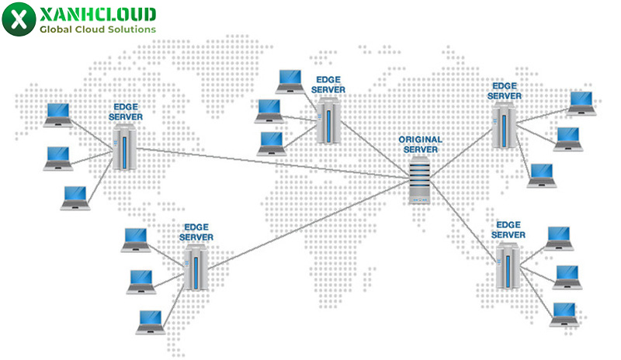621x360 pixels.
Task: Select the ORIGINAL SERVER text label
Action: (420, 144)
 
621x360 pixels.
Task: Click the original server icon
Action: (419, 179)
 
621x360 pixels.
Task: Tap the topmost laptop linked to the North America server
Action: (57, 113)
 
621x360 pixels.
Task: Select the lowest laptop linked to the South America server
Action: (148, 320)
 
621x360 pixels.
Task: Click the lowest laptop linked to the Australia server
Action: (564, 312)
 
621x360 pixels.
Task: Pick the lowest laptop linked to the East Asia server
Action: (540, 175)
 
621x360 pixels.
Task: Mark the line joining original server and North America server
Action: (272, 164)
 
